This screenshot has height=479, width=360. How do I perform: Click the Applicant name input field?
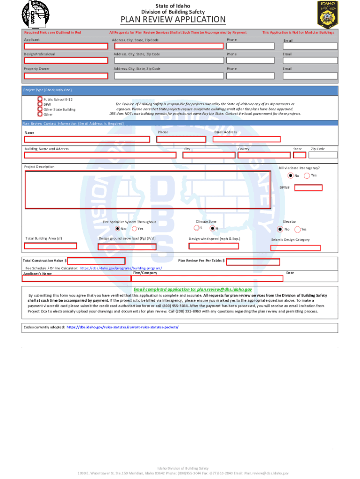click(x=65, y=47)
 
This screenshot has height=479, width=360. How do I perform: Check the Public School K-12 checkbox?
click(x=40, y=99)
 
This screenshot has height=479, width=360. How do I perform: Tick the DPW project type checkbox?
click(x=40, y=104)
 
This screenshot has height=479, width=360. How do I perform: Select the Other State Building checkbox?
click(x=40, y=109)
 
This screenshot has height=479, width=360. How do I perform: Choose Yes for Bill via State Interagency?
click(x=307, y=175)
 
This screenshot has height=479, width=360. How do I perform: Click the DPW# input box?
click(x=308, y=188)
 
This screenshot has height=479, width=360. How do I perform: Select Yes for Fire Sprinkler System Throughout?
click(x=134, y=229)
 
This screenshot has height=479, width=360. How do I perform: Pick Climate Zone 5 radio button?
click(x=196, y=228)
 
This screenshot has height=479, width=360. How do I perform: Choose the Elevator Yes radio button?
click(x=297, y=229)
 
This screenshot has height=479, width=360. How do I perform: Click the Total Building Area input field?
click(x=50, y=246)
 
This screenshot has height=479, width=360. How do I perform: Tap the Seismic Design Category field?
click(x=295, y=248)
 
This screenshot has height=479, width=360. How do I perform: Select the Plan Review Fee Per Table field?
click(x=253, y=261)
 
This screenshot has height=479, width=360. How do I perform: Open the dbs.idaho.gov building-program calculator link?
click(x=121, y=269)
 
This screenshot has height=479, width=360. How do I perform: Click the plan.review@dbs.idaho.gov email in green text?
click(x=224, y=290)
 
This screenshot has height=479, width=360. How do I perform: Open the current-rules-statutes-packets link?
click(x=122, y=327)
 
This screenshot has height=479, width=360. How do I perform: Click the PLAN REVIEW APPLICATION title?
click(x=173, y=20)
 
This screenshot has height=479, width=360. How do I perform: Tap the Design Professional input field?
click(x=65, y=61)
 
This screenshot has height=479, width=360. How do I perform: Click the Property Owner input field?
click(x=65, y=76)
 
